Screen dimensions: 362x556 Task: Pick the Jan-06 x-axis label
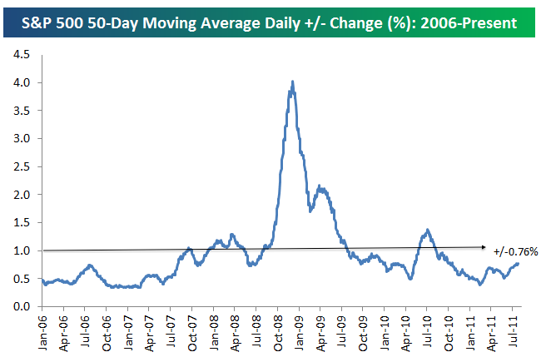click(42, 330)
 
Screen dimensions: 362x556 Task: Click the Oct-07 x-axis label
click(191, 330)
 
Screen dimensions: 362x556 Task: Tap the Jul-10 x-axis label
click(426, 330)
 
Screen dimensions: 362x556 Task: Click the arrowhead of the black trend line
click(485, 246)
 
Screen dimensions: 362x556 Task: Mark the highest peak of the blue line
click(292, 82)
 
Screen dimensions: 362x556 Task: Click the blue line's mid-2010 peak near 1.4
click(427, 230)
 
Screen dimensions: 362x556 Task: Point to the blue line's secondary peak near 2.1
click(321, 188)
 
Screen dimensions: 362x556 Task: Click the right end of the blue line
click(518, 263)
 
